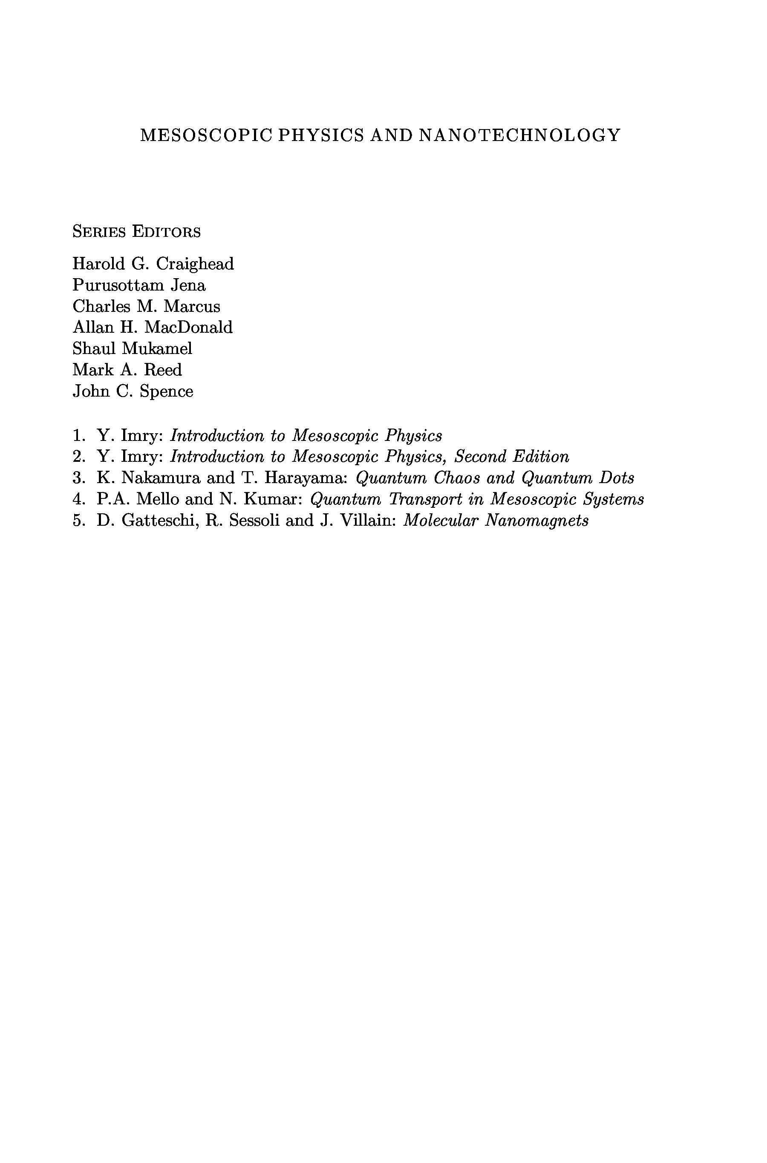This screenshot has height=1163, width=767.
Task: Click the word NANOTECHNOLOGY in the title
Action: click(x=519, y=135)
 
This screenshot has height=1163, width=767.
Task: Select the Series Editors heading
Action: click(x=136, y=231)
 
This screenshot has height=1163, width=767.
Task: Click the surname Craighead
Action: click(x=195, y=264)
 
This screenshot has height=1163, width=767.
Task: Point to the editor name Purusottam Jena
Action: click(x=139, y=285)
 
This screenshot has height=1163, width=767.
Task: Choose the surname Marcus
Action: click(x=192, y=307)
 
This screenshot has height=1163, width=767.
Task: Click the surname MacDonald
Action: click(x=188, y=327)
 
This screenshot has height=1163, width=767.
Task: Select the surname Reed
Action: click(x=162, y=370)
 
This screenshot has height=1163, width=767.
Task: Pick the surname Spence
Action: click(x=166, y=391)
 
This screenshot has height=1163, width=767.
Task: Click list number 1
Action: click(x=78, y=435)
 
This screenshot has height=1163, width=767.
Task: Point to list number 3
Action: click(x=78, y=478)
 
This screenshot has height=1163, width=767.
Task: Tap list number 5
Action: click(x=78, y=520)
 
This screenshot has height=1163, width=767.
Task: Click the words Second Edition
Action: click(x=512, y=457)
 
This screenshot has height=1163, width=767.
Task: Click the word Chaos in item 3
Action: click(x=456, y=478)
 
